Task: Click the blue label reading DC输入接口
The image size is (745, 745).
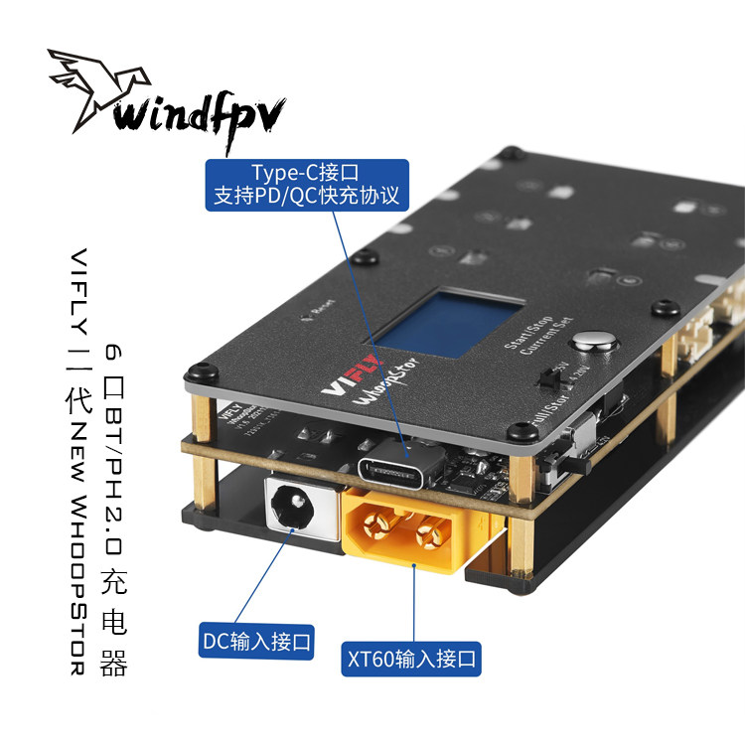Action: (x=257, y=642)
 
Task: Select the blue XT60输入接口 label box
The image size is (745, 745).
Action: (x=411, y=657)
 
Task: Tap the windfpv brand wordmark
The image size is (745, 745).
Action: (x=199, y=113)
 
